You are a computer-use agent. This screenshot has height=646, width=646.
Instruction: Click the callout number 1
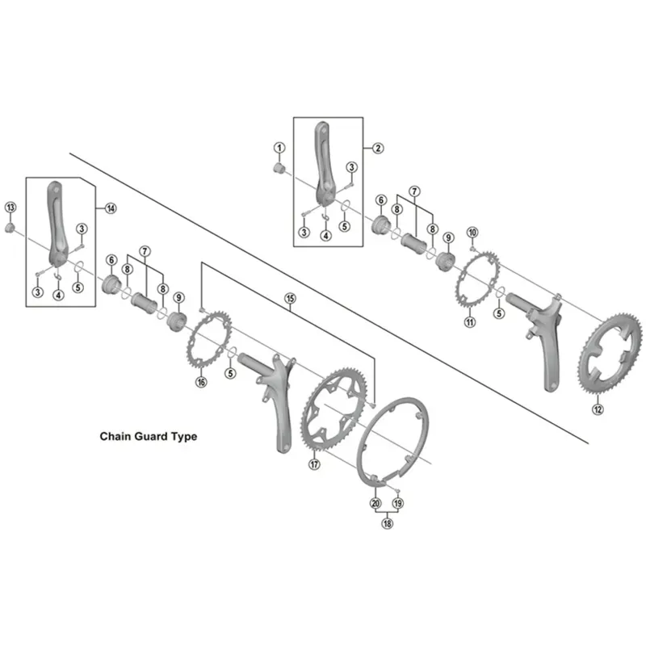tap(279, 148)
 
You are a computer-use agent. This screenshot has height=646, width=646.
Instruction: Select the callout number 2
tap(377, 148)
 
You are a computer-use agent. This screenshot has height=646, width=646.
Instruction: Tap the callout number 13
tap(10, 208)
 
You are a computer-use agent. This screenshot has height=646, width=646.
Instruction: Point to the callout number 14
tap(110, 208)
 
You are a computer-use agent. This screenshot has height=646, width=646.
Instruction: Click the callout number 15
tap(290, 299)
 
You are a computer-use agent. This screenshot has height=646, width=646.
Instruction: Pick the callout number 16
tap(201, 382)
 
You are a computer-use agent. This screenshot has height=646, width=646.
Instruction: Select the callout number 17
tap(315, 464)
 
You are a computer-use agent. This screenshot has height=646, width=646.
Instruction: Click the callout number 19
tap(397, 503)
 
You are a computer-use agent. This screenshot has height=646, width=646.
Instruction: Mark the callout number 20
tap(375, 503)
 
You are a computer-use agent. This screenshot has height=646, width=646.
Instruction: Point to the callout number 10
tap(472, 233)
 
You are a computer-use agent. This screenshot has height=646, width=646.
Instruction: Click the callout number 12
tap(598, 409)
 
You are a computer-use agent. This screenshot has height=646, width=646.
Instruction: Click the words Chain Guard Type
tap(148, 436)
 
